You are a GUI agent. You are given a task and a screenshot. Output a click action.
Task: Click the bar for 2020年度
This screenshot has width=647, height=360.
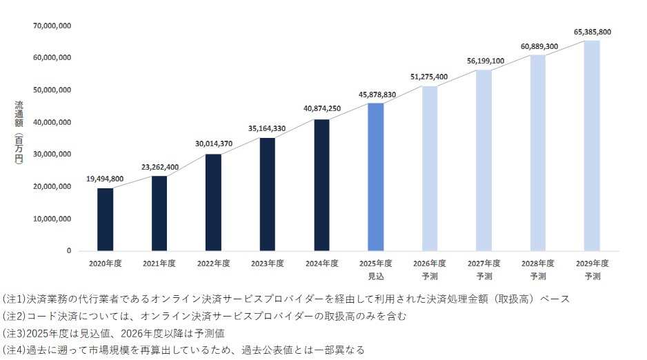[105, 219]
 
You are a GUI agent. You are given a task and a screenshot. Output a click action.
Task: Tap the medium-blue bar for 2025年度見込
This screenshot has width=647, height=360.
[376, 177]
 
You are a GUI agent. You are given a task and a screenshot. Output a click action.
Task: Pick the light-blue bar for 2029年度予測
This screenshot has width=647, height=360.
[592, 146]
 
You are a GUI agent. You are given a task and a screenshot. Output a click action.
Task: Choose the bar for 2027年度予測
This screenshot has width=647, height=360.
[484, 160]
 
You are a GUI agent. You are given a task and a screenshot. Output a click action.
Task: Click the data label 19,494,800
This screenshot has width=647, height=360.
[106, 179]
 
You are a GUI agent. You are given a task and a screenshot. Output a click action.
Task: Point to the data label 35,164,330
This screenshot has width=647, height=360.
[268, 129]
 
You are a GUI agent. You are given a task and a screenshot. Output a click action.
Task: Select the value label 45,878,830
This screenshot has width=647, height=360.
[377, 94]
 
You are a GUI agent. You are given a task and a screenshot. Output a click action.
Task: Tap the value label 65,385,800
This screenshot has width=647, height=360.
[592, 32]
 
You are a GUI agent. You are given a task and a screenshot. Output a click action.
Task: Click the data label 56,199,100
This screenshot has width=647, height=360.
[485, 61]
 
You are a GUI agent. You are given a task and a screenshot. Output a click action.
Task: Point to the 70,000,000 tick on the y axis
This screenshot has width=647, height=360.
[52, 26]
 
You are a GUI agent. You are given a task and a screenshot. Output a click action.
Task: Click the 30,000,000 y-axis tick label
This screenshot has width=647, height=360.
[52, 154]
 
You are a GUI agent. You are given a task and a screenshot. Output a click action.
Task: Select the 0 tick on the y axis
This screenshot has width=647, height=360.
[68, 251]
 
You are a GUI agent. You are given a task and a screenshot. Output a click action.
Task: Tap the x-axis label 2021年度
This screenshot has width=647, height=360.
[159, 263]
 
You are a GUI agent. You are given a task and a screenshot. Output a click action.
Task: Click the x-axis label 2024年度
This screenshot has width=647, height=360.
[322, 263]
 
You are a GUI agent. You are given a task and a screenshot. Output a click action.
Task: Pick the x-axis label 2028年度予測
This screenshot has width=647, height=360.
[538, 270]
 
